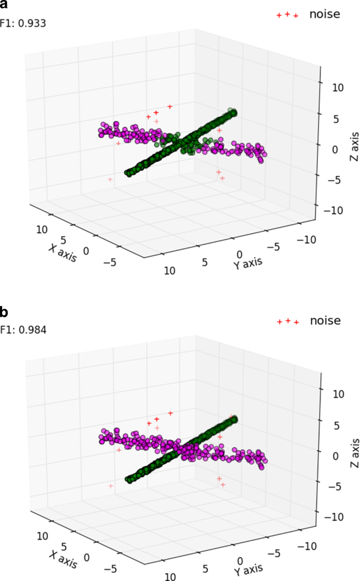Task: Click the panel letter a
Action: click(x=4, y=6)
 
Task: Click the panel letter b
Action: click(x=4, y=313)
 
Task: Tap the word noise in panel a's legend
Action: click(x=325, y=14)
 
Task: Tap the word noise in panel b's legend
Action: click(x=325, y=320)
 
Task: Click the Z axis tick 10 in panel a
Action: click(x=337, y=87)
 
